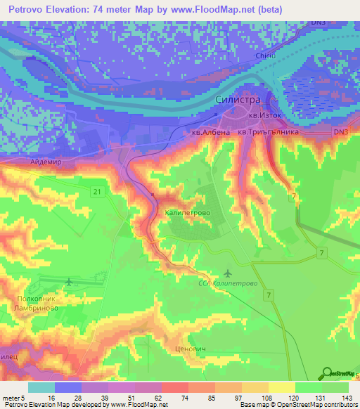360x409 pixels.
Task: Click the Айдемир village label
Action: coord(45,162)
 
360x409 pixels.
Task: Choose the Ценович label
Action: coord(189,349)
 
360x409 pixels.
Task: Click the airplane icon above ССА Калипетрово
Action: coord(227,272)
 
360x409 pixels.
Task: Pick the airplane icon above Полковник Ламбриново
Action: coord(69,282)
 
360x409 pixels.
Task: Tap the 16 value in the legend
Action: coord(51,397)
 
